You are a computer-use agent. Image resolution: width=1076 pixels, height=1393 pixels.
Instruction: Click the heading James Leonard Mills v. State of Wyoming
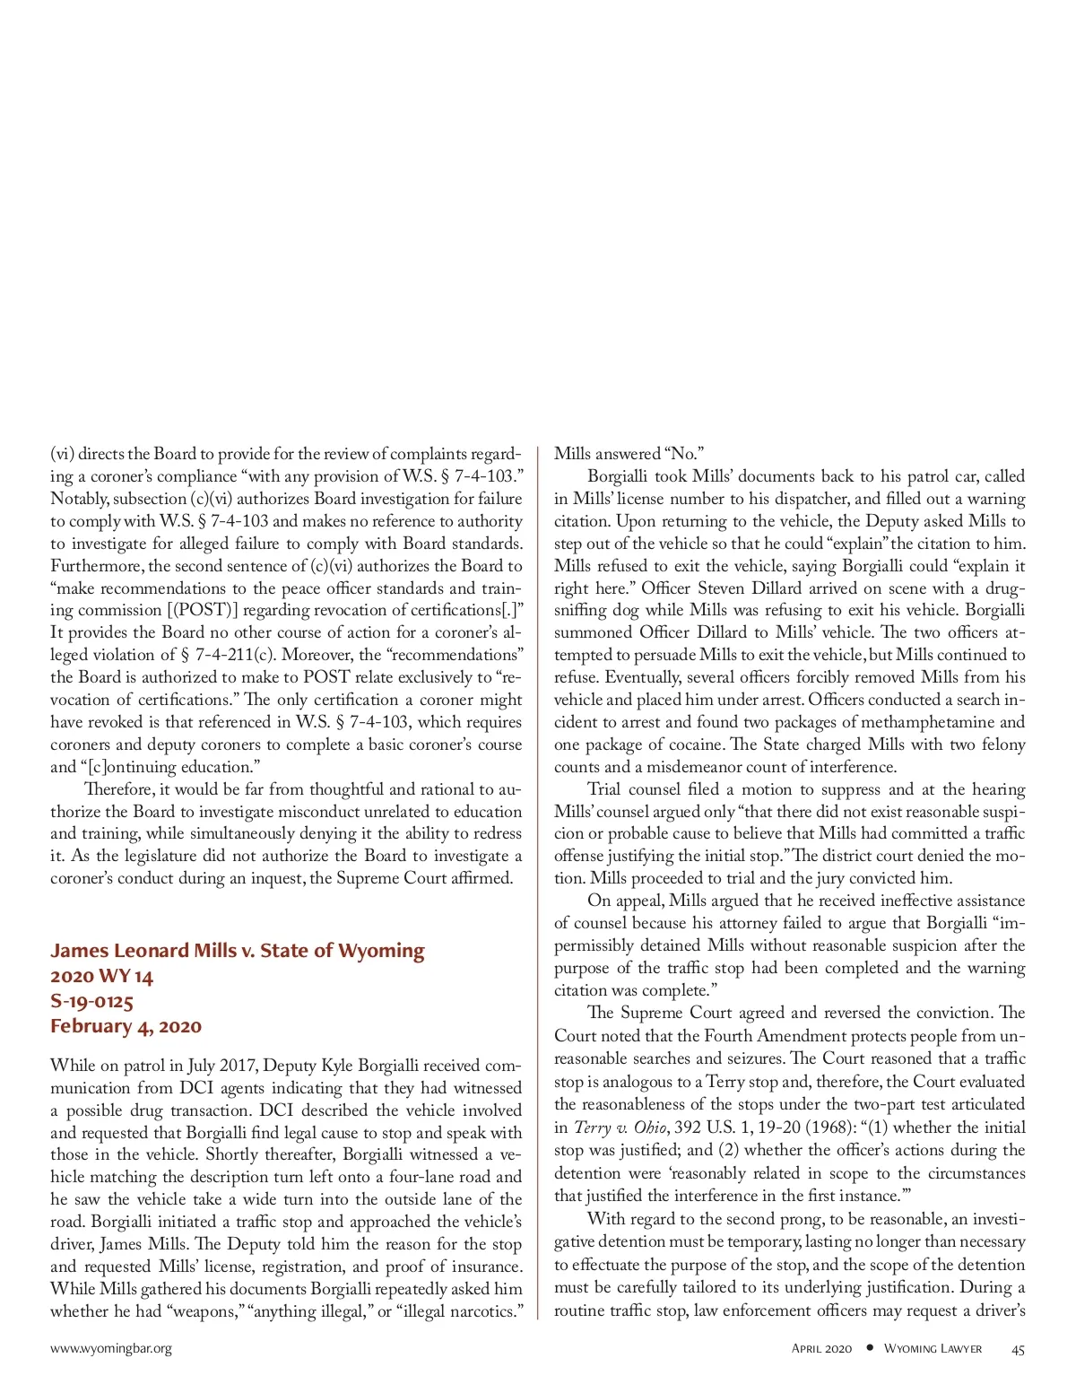pyautogui.click(x=237, y=951)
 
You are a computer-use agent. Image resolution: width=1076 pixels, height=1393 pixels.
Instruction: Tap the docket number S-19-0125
pyautogui.click(x=91, y=1001)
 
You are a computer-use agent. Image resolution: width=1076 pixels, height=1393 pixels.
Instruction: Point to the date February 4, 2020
pyautogui.click(x=126, y=1026)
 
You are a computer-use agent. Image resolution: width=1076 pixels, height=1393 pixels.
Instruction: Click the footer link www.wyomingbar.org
pyautogui.click(x=110, y=1348)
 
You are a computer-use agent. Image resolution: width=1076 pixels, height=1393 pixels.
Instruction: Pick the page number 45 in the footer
pyautogui.click(x=1018, y=1349)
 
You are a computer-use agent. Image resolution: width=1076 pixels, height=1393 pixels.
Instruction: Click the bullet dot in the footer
pyautogui.click(x=869, y=1348)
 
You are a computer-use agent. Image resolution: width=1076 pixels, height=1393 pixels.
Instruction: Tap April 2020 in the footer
pyautogui.click(x=821, y=1349)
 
